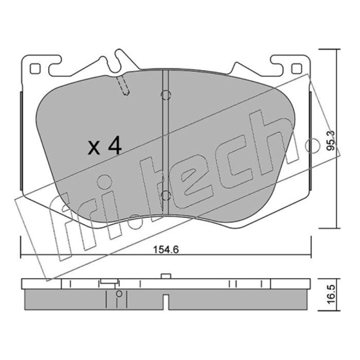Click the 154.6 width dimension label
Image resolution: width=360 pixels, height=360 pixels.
(x=166, y=250)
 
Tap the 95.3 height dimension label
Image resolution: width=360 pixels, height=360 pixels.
(x=331, y=141)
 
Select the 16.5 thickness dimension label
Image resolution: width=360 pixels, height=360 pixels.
(x=331, y=295)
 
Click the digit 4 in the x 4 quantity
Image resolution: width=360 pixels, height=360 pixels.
(x=115, y=145)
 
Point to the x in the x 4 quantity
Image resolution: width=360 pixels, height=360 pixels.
(x=94, y=148)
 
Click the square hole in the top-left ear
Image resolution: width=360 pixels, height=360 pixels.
(x=35, y=69)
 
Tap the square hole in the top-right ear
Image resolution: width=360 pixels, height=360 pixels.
(x=297, y=69)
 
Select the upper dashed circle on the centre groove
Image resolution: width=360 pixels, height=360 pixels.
(x=166, y=95)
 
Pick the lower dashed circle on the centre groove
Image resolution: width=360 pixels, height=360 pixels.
(x=166, y=196)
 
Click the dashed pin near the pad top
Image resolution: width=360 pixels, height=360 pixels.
(x=123, y=85)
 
